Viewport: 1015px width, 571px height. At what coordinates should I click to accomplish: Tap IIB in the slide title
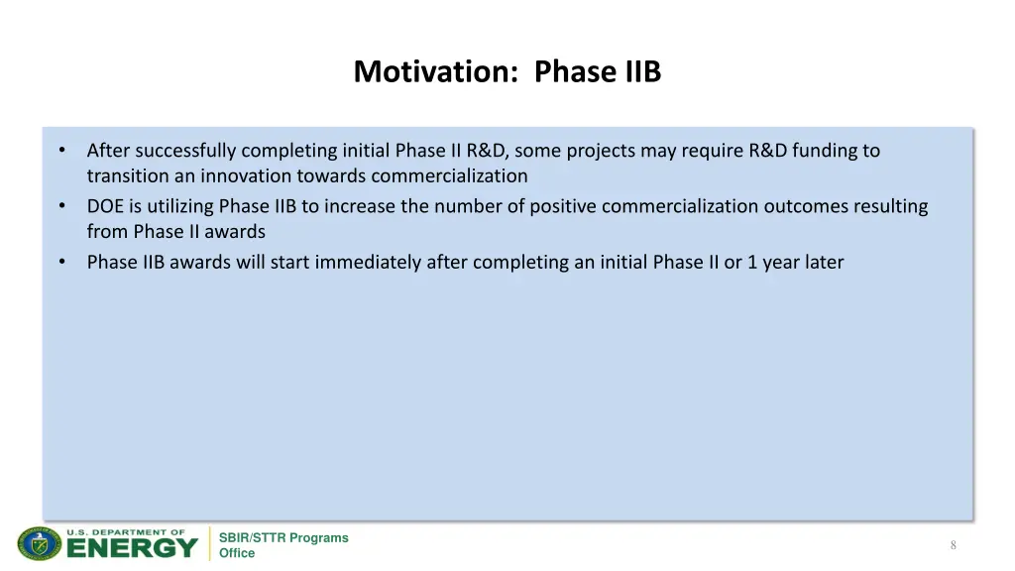click(x=642, y=72)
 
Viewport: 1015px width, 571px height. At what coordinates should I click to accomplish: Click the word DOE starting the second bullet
click(x=105, y=206)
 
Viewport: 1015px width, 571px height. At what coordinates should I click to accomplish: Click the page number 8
click(x=953, y=545)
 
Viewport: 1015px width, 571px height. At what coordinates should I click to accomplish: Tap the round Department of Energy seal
click(x=40, y=543)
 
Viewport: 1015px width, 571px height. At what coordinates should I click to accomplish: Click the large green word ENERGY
click(x=132, y=548)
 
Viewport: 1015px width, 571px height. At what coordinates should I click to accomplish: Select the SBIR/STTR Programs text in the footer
click(x=283, y=537)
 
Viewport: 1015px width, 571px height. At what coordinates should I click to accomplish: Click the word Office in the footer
click(x=237, y=553)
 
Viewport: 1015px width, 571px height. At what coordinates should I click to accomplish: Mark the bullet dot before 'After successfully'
click(x=61, y=151)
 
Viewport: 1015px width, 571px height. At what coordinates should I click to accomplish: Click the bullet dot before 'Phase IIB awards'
click(x=61, y=263)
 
